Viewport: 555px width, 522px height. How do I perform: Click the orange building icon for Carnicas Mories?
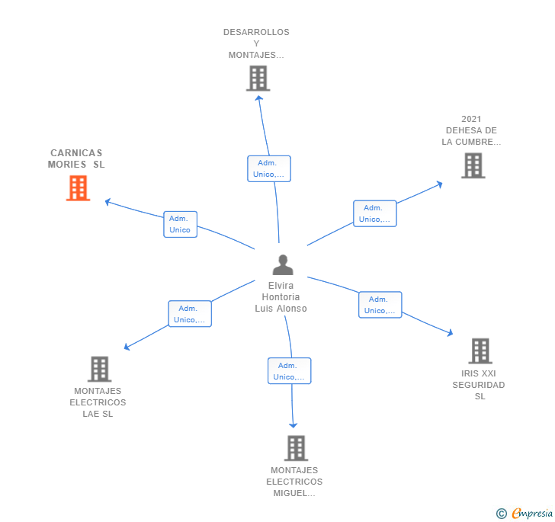78,187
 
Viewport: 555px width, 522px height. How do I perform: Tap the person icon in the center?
283,265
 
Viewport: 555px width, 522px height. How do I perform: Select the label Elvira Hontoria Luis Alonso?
281,297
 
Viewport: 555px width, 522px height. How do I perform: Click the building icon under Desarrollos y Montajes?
258,78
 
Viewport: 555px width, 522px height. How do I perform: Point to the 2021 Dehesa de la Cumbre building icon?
473,165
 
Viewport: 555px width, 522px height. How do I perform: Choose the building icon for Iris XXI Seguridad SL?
480,351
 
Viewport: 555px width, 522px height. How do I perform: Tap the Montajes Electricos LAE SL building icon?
99,369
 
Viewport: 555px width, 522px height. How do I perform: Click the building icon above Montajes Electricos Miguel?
296,448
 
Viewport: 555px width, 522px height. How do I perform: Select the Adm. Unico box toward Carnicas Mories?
180,224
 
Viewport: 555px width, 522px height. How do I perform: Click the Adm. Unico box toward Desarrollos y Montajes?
268,168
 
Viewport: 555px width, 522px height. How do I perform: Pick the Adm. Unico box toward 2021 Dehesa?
374,213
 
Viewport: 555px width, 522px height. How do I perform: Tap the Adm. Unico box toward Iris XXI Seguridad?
380,305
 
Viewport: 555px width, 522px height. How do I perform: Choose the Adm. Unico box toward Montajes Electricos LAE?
189,314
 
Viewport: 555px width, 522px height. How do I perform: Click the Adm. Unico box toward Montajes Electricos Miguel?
289,371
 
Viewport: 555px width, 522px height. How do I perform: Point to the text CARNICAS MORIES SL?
76,159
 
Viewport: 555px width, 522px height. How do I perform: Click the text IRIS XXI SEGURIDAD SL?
479,385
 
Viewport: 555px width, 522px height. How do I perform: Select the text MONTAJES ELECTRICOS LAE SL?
98,402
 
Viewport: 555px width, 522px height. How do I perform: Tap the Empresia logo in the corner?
532,513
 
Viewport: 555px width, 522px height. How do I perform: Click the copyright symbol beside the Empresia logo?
502,514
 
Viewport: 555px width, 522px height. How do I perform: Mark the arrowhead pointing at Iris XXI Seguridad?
451,333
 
